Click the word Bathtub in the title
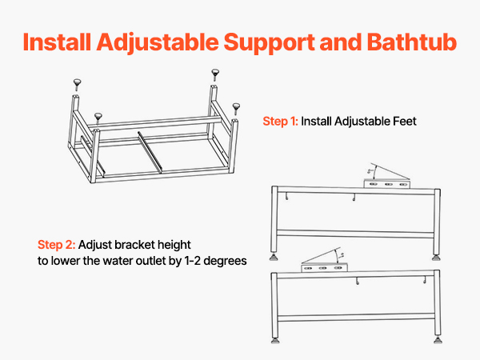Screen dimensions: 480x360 412,42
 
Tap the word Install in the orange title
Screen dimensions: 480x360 57,42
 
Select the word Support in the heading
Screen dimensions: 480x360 269,43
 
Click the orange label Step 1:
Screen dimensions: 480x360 280,122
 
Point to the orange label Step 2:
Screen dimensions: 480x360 56,245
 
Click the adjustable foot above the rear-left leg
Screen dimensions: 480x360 77,85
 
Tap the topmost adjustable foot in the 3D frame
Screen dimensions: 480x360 215,75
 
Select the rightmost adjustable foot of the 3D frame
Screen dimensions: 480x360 236,109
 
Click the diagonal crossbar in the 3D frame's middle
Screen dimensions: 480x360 150,152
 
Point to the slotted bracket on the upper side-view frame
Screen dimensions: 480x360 387,184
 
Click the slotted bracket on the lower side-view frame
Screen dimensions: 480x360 324,268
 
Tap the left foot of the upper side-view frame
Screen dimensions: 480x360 274,257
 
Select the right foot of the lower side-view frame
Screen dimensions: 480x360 438,340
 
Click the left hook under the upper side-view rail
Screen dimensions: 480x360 287,197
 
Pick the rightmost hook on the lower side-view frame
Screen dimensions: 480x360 425,279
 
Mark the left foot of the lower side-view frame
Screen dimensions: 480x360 275,340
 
